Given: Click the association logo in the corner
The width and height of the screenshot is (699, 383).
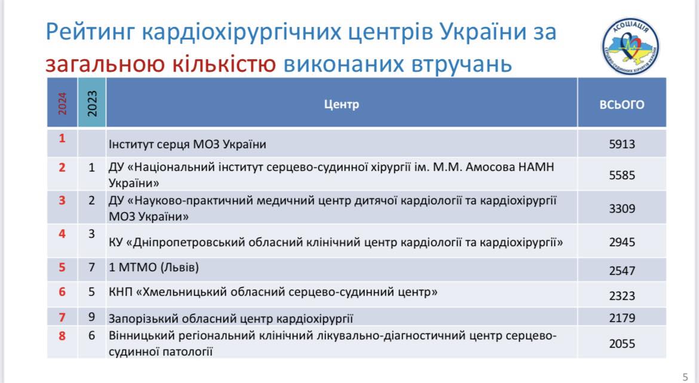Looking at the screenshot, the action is click(630, 46).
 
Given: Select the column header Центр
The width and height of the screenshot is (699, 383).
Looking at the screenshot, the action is click(342, 105).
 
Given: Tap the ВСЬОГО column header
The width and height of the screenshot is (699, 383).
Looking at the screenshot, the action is click(622, 105).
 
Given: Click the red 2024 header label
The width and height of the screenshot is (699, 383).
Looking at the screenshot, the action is click(62, 103).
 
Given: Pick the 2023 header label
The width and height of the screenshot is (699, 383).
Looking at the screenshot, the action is click(92, 103).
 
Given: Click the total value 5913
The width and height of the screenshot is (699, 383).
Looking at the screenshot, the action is click(622, 144).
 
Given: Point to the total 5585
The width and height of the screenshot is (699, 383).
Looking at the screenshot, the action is click(622, 175).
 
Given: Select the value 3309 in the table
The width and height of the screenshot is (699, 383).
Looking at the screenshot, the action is click(622, 209).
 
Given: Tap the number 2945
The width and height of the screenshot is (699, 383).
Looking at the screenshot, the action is click(622, 242).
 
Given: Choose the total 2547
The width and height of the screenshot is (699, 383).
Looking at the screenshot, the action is click(622, 271).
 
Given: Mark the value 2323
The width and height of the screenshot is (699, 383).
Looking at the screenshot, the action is click(622, 296).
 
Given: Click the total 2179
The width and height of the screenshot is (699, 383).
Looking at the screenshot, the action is click(622, 318).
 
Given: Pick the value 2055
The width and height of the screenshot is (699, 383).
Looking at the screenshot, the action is click(622, 344).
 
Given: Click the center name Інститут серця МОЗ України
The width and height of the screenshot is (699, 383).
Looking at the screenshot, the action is click(187, 145).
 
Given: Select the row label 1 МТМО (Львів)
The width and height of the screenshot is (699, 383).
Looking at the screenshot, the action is click(154, 268).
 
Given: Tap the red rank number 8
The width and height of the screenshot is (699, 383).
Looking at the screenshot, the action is click(62, 336).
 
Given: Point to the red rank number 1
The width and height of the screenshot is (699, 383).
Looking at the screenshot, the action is click(62, 138).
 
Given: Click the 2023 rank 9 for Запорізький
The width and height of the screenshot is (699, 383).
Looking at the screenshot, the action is click(91, 317).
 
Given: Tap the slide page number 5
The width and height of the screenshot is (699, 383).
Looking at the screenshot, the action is click(685, 377).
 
